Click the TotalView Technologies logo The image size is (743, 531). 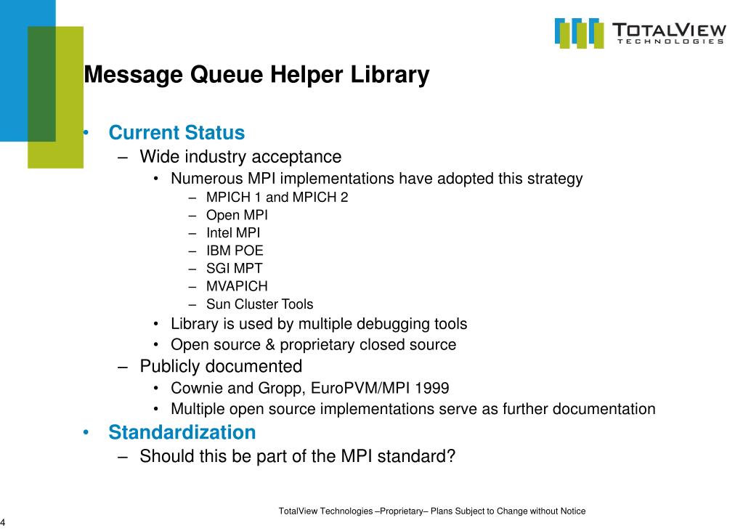(x=640, y=33)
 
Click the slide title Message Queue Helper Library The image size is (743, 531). (x=256, y=75)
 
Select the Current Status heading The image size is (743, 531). (x=176, y=133)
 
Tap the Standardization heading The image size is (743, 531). (x=182, y=432)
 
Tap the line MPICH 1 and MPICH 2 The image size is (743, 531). (x=277, y=197)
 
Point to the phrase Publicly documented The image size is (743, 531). (x=221, y=366)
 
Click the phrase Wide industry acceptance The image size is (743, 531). (x=240, y=156)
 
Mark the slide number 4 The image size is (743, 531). (x=3, y=523)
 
